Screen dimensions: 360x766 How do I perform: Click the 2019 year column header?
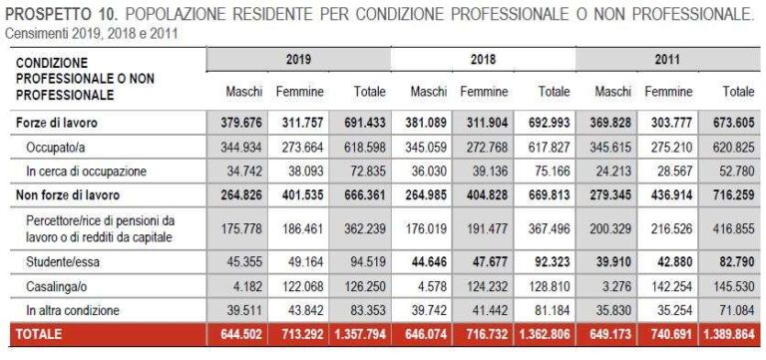click(x=298, y=60)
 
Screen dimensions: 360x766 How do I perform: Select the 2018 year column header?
click(x=483, y=60)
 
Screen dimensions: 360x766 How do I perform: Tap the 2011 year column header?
click(x=669, y=60)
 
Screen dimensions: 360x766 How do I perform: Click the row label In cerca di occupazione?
click(x=87, y=171)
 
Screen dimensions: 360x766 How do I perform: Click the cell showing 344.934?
click(x=241, y=147)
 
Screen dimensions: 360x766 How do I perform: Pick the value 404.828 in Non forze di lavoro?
click(x=486, y=194)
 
